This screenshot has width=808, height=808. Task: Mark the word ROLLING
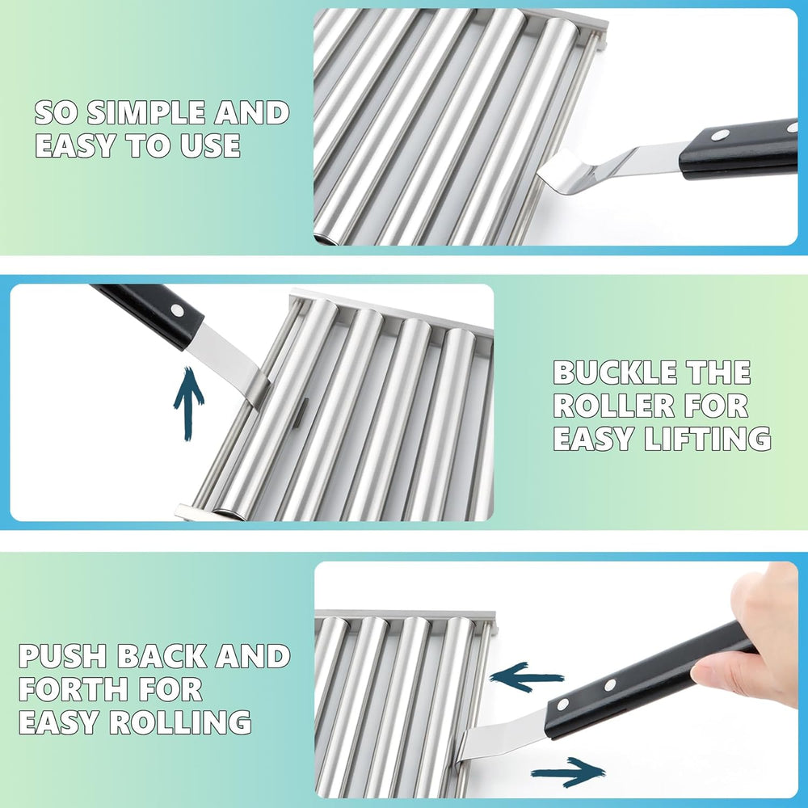pyautogui.click(x=180, y=722)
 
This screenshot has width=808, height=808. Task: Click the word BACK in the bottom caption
pyautogui.click(x=162, y=656)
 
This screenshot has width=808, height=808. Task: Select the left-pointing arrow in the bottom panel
pyautogui.click(x=526, y=677)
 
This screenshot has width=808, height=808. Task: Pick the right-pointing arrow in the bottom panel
pyautogui.click(x=568, y=771)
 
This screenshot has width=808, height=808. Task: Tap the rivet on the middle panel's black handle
pyautogui.click(x=177, y=310)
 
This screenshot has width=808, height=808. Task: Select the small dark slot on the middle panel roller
pyautogui.click(x=301, y=413)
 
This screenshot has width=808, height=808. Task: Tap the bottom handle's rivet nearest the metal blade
pyautogui.click(x=562, y=705)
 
